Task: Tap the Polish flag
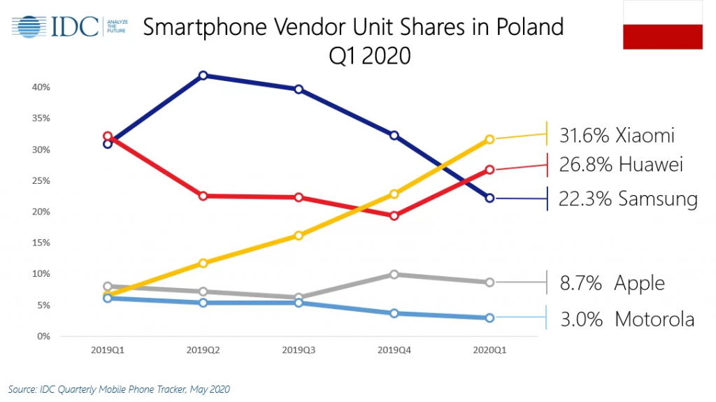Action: coord(663,25)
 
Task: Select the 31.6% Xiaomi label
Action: coord(617,135)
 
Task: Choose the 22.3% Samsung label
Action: coord(628,199)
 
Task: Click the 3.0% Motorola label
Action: coord(627,320)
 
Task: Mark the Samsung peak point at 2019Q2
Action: coord(203,76)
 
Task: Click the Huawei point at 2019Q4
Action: coord(394,215)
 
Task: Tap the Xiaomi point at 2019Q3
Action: coord(299,236)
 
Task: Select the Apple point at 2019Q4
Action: coord(394,274)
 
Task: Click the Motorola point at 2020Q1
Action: coord(489,317)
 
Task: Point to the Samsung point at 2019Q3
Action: coord(299,89)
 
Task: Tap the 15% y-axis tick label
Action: coord(41,243)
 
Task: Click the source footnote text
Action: coord(119,389)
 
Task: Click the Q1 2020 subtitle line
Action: coord(369,55)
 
